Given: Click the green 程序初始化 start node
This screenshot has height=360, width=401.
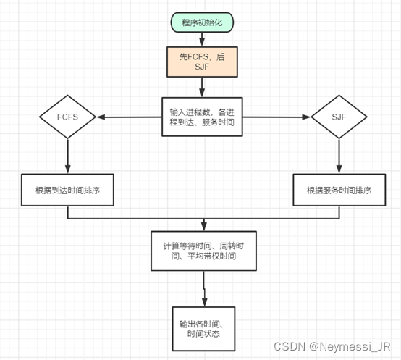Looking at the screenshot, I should click(203, 23).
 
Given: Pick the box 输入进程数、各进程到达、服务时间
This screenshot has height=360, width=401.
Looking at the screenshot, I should click(202, 117).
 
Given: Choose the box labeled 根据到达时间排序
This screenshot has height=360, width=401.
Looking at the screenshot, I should click(67, 190).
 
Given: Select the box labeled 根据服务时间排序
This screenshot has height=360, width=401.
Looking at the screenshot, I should click(339, 190).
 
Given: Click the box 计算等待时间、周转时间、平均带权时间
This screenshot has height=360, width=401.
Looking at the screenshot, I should click(203, 251).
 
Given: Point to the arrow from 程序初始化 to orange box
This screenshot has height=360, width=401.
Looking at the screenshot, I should click(203, 38).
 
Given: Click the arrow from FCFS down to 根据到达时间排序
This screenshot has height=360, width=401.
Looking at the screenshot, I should click(67, 156).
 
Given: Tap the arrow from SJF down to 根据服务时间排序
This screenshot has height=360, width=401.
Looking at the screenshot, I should click(339, 156).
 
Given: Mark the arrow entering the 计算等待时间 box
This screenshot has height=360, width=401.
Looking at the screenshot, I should click(203, 225).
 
